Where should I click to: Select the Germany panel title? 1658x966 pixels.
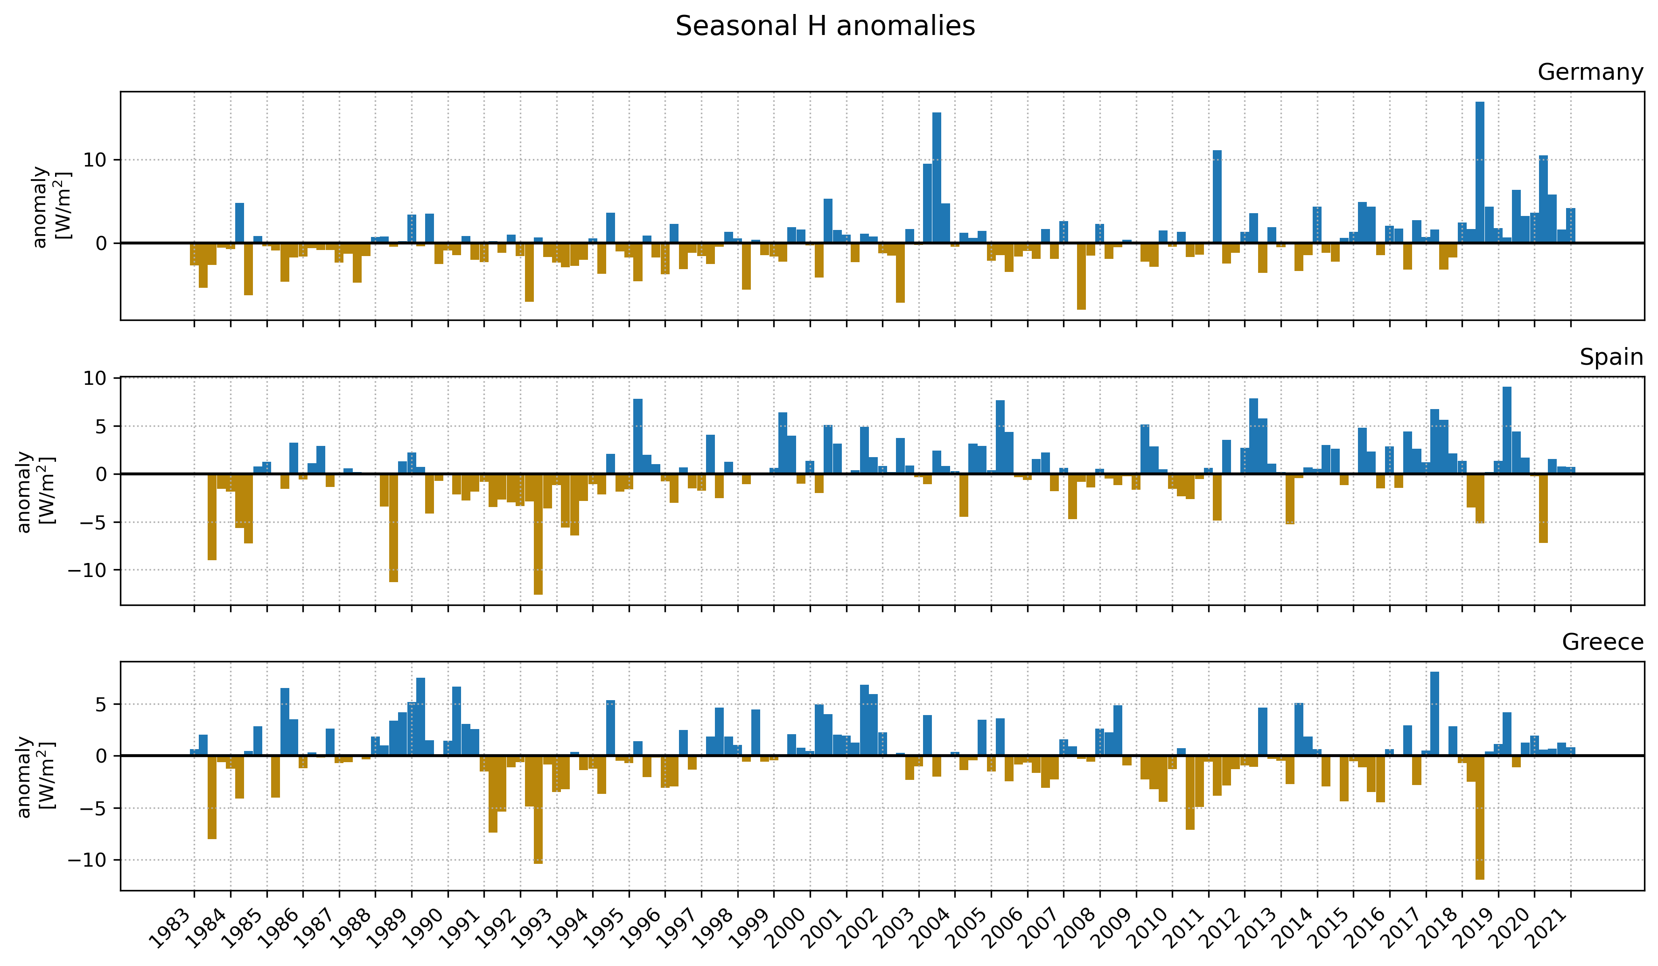[1589, 72]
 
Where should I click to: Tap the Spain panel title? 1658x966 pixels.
[1610, 357]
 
